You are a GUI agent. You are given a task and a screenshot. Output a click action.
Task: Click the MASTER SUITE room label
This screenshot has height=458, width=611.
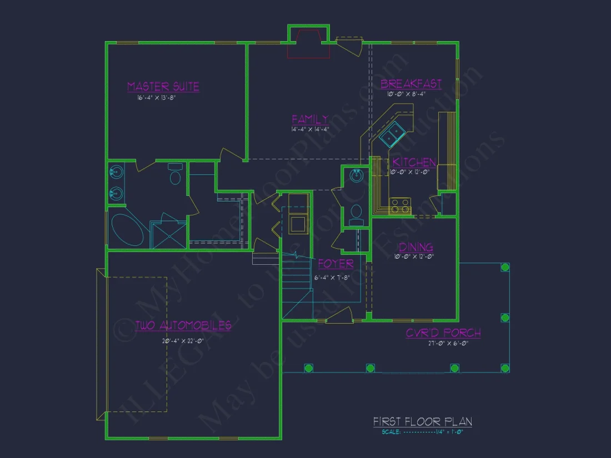163,87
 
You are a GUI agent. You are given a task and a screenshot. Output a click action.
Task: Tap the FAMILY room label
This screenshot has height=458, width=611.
310,119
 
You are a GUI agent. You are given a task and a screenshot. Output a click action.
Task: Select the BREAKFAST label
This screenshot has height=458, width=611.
411,84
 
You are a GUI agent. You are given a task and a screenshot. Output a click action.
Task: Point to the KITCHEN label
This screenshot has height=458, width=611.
414,162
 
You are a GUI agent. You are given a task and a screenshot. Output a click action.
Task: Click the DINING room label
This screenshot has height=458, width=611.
414,247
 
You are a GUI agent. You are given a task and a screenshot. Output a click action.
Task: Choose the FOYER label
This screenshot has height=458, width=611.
335,264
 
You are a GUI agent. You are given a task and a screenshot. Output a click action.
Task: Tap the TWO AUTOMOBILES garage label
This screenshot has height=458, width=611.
183,325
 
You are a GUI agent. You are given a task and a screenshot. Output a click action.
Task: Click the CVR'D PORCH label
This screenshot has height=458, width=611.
443,333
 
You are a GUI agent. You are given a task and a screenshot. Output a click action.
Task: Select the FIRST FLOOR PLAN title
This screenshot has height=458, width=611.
422,422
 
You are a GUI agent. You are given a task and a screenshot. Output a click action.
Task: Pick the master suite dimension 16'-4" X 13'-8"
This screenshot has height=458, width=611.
157,98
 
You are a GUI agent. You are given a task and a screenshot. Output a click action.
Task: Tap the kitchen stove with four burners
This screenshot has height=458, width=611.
400,206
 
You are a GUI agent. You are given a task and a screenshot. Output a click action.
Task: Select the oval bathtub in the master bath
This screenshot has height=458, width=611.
127,230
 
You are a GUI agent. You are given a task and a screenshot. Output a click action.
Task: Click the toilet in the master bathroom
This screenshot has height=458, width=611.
176,178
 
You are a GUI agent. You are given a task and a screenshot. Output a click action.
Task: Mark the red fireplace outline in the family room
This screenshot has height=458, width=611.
308,44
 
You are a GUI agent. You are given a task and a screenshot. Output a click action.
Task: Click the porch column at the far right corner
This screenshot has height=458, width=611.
505,368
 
